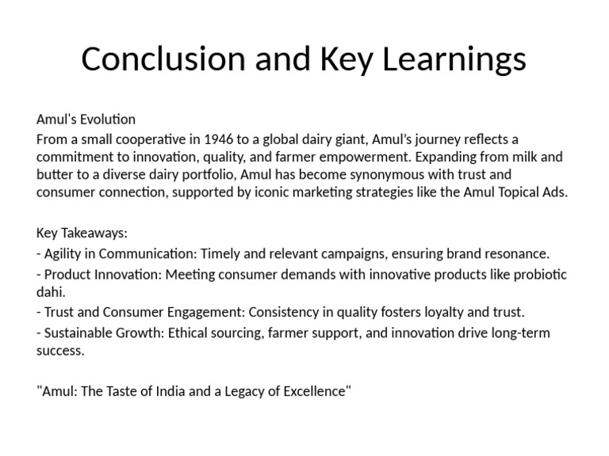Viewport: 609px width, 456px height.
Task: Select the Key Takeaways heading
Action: (82, 234)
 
